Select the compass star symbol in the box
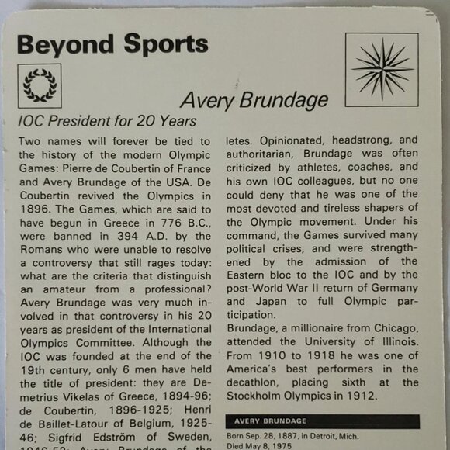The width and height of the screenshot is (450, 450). pyautogui.click(x=382, y=68)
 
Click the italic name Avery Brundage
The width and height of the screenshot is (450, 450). pyautogui.click(x=254, y=99)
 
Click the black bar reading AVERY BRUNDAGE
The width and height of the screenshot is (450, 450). pyautogui.click(x=321, y=422)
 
